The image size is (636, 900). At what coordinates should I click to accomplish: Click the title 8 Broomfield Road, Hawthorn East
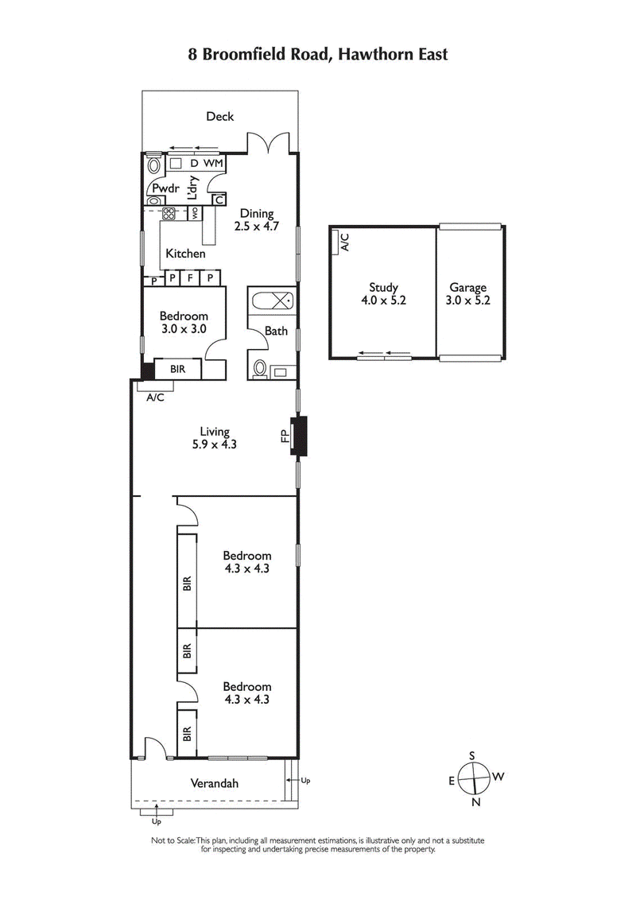[x=318, y=54]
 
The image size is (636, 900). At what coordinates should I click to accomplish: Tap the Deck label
[x=220, y=117]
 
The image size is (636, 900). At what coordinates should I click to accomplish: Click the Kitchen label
[x=185, y=254]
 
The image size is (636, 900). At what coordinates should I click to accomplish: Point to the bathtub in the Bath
[x=270, y=302]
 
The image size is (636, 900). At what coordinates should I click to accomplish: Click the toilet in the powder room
[x=153, y=166]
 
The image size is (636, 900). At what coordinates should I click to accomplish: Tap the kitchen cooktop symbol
[x=169, y=213]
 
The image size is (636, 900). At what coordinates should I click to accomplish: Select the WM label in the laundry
[x=213, y=163]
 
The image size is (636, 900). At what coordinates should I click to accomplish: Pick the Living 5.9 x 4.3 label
[x=215, y=438]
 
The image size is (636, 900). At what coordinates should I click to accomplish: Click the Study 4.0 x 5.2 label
[x=383, y=294]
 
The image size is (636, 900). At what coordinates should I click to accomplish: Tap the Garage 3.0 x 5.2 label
[x=467, y=294]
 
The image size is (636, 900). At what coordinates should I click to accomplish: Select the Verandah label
[x=214, y=783]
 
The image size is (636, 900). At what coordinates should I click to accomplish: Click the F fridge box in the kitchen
[x=190, y=278]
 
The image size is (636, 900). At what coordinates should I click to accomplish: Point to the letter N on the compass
[x=476, y=802]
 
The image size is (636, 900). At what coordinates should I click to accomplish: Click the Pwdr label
[x=165, y=189]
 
